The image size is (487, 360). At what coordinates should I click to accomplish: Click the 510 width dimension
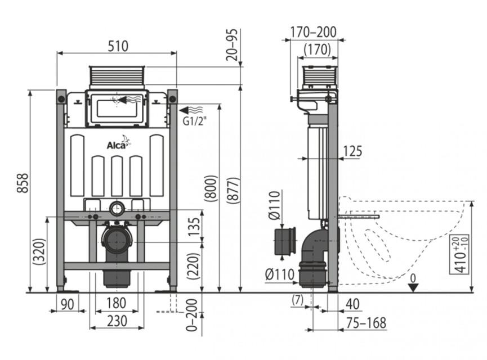pyautogui.click(x=118, y=46)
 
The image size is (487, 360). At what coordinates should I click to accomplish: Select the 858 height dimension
pyautogui.click(x=23, y=183)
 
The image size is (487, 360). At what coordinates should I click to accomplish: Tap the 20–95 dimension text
pyautogui.click(x=232, y=44)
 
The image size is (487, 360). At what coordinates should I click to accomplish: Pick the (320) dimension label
pyautogui.click(x=40, y=251)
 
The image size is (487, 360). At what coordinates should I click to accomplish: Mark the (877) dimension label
pyautogui.click(x=233, y=191)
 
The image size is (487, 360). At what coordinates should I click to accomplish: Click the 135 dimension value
pyautogui.click(x=194, y=227)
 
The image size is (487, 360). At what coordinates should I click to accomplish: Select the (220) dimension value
pyautogui.click(x=194, y=267)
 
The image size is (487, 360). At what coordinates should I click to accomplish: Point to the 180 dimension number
pyautogui.click(x=117, y=303)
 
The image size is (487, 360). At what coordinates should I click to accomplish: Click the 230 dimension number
pyautogui.click(x=117, y=321)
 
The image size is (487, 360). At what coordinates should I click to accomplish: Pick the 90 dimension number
pyautogui.click(x=68, y=304)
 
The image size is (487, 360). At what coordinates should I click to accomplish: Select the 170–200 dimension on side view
pyautogui.click(x=314, y=32)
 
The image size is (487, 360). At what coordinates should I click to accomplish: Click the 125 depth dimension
pyautogui.click(x=352, y=151)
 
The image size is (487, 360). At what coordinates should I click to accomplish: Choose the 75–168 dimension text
pyautogui.click(x=366, y=323)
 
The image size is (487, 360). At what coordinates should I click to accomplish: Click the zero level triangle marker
pyautogui.click(x=413, y=288)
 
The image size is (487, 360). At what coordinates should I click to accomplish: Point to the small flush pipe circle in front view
pyautogui.click(x=117, y=208)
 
